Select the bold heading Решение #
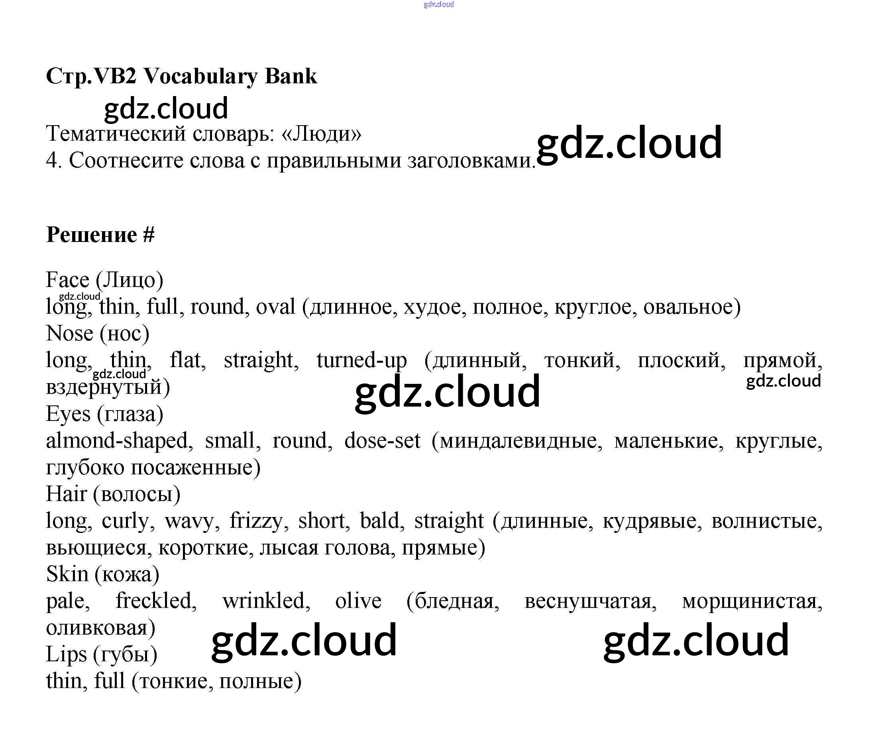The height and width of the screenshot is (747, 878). coord(100,235)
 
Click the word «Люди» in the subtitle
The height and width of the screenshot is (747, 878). coord(321,134)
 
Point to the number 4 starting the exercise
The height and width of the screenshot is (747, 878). coord(53,161)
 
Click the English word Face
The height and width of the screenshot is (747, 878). coord(68,280)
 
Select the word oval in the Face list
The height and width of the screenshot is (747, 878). coord(275,307)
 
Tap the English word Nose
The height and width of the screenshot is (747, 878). coord(69,333)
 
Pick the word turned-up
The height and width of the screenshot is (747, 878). coord(361,360)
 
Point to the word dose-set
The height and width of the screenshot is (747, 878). coord(382,441)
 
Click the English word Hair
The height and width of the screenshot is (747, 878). coord(67,494)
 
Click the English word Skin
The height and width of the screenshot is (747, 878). coord(67,574)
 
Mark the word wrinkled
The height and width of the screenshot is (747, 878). coord(266,601)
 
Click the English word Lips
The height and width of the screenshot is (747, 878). coord(66,654)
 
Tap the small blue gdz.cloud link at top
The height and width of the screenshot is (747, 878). coord(438,5)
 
